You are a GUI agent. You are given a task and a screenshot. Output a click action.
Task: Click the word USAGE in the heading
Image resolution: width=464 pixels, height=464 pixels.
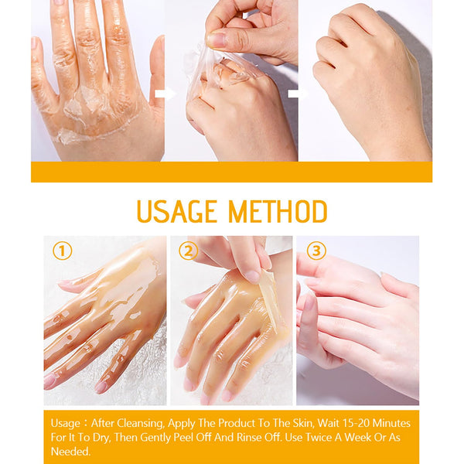coord(176,211)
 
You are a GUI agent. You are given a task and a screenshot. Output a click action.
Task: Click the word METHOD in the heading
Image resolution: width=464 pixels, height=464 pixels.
coord(278,211)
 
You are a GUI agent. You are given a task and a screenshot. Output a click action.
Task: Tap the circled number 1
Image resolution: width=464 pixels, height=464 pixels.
coord(62,251)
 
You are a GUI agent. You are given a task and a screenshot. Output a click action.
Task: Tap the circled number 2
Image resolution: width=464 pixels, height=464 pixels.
coord(188,251)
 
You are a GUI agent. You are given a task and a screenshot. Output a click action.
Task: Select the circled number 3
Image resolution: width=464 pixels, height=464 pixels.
coord(316,251)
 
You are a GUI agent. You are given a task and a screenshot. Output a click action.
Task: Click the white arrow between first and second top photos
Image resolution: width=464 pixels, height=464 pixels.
coord(165,94)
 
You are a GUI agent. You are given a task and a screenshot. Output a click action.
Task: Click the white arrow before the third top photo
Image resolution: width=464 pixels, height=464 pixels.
coord(297,94)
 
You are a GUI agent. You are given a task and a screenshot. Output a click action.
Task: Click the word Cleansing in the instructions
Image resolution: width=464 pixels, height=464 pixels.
coord(141,424)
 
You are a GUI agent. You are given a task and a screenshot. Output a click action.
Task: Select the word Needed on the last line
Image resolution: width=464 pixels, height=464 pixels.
coord(70,452)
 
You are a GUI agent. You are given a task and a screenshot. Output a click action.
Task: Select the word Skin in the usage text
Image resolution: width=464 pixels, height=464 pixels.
coord(303,424)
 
